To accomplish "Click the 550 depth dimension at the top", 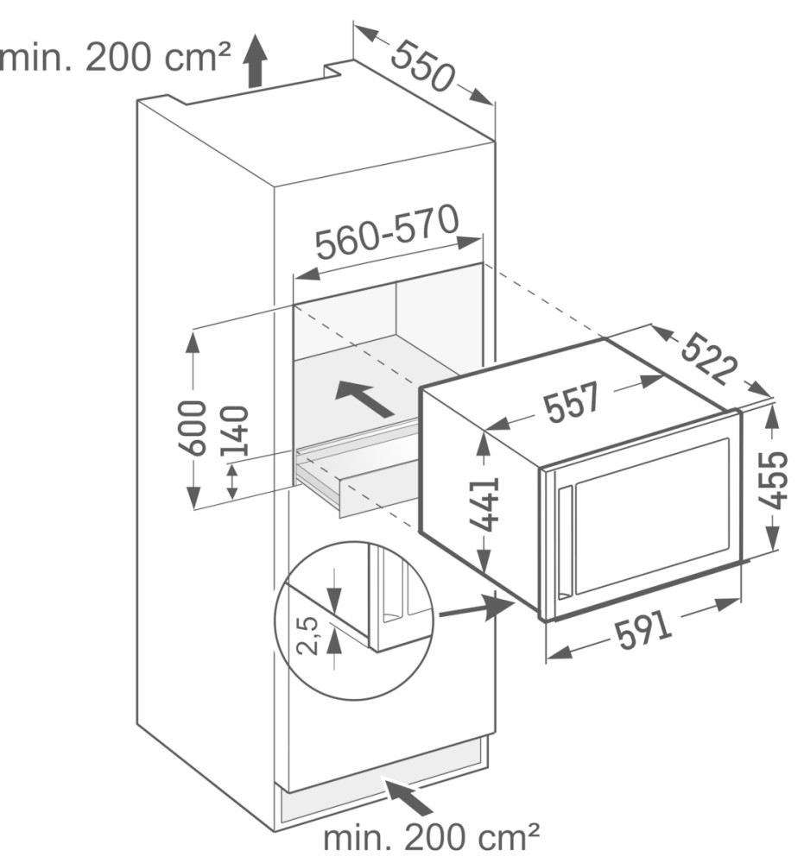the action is point(423,66).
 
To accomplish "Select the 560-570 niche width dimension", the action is point(387,232).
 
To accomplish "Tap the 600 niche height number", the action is point(193,429).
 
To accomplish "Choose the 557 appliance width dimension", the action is point(572,401).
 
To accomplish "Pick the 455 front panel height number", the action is point(772,480).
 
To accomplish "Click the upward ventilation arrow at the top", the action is point(255,60).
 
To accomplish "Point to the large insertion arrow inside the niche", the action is point(364,397).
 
